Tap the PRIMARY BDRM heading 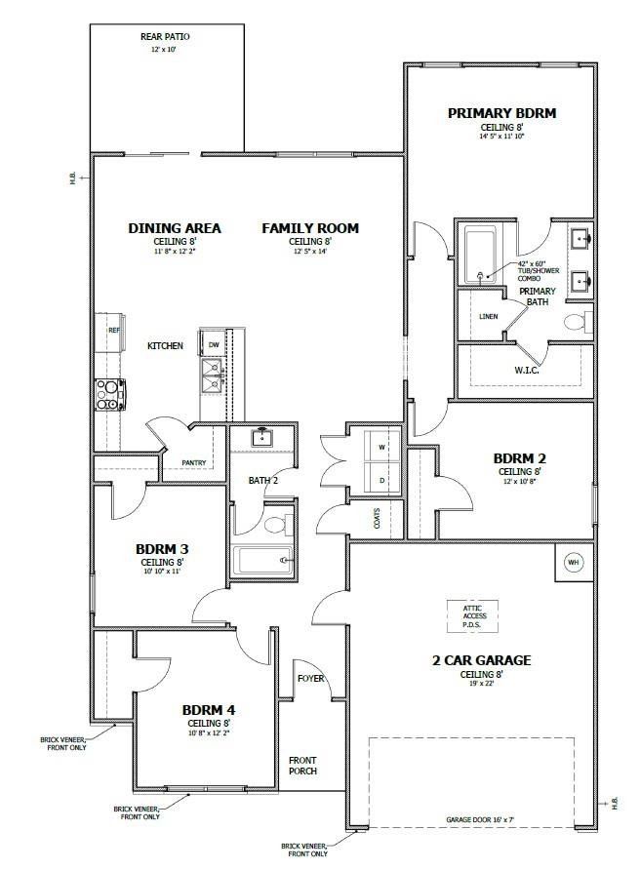pyautogui.click(x=501, y=113)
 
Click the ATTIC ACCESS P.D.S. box pyautogui.click(x=472, y=615)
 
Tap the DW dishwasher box pyautogui.click(x=212, y=344)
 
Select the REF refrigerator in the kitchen pyautogui.click(x=109, y=330)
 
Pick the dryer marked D pyautogui.click(x=381, y=479)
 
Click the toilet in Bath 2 pyautogui.click(x=275, y=524)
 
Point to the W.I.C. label pyautogui.click(x=527, y=370)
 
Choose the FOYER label pyautogui.click(x=311, y=679)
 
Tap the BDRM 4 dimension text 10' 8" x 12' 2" pyautogui.click(x=208, y=732)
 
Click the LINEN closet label pyautogui.click(x=489, y=316)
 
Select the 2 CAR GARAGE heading pyautogui.click(x=481, y=660)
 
